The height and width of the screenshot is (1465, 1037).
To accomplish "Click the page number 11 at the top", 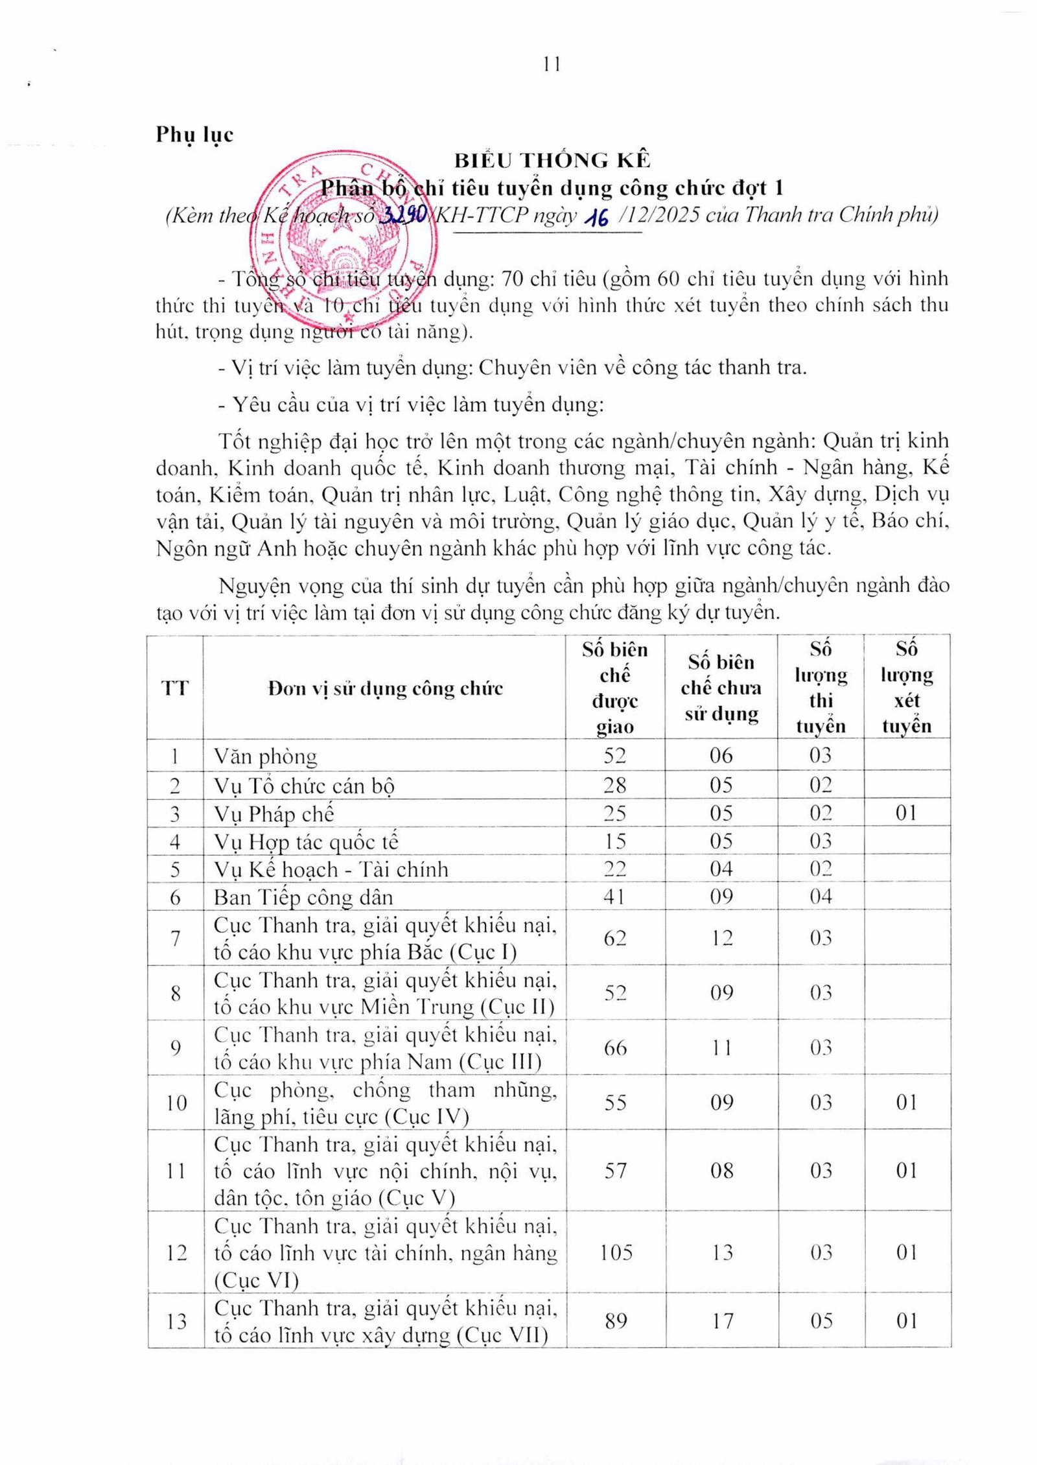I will coord(552,65).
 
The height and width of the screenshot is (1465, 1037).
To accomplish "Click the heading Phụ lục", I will coord(194,135).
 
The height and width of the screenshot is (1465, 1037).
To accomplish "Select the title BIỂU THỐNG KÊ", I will coord(552,160).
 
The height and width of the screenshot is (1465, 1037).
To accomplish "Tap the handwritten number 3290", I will coord(402,215).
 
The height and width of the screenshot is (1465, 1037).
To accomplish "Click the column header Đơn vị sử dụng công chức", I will coord(385,688).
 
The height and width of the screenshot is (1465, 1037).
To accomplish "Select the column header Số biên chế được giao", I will coord(614,688).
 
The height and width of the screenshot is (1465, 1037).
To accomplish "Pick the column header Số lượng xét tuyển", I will coord(906,687).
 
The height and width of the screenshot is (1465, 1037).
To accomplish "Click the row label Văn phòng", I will coord(266,756).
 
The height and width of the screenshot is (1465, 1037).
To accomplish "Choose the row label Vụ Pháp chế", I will coord(274,814).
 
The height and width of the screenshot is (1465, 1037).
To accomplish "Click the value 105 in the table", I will coord(615,1252).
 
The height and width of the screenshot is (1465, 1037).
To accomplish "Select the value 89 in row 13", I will coord(615,1320).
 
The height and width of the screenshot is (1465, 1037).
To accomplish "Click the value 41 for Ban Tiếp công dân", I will coord(614,897).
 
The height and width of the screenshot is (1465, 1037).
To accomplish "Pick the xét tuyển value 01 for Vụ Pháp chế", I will coord(906,813).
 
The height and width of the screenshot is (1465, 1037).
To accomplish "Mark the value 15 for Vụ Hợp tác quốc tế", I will coord(614,841).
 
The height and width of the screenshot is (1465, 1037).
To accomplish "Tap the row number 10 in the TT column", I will coord(176,1103).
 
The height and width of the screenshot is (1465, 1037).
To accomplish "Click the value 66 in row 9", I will coord(614,1048).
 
